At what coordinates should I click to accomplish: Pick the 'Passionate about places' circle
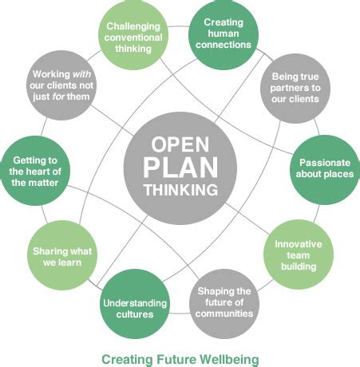tap(324, 168)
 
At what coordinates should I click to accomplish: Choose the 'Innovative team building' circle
tap(299, 255)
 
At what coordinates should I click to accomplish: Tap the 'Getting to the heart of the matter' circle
tap(34, 171)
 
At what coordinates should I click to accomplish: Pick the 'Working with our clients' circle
tap(61, 89)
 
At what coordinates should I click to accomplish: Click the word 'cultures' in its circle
tap(135, 314)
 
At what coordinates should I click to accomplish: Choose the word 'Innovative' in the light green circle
tap(299, 244)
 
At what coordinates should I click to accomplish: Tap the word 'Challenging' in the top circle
tap(135, 23)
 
